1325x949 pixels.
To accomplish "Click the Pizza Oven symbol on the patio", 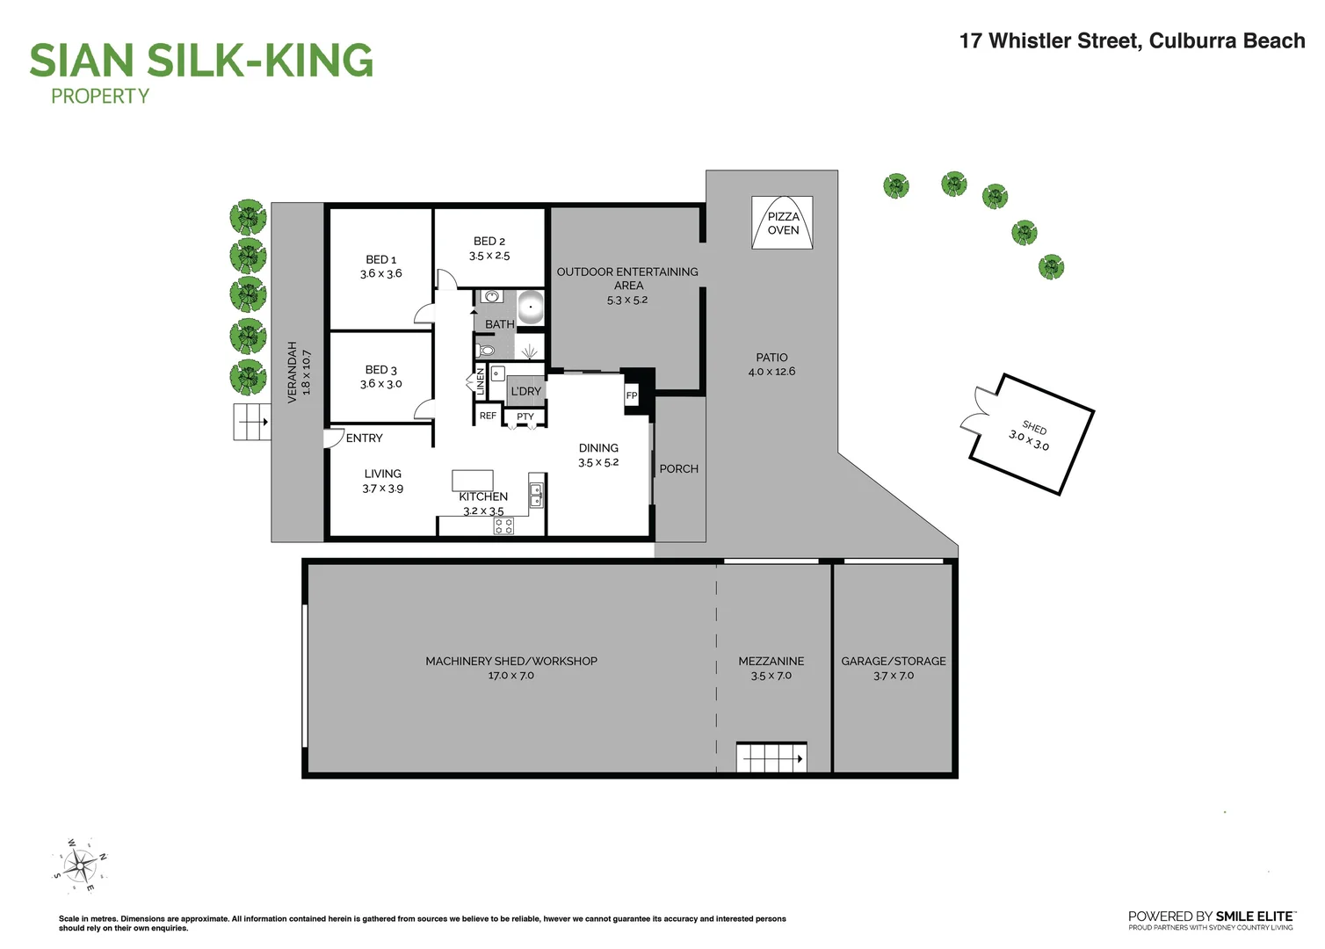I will [782, 223].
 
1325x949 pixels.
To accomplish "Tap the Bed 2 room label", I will [489, 241].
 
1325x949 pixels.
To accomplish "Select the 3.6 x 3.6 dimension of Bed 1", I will [380, 274].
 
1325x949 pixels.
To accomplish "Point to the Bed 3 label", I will [380, 370].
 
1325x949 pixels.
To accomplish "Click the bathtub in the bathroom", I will [530, 308].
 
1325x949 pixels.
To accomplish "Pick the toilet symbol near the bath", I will [486, 351].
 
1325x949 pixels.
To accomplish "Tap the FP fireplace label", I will [631, 395].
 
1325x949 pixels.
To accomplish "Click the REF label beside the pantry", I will [488, 416].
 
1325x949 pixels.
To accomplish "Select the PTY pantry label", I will [525, 417].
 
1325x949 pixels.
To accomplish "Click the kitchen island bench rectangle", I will [473, 480].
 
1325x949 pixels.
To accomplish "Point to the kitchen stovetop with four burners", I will [503, 526].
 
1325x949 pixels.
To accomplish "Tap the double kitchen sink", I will [536, 496].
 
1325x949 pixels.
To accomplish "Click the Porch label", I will [679, 469].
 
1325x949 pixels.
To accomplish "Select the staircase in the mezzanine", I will [771, 757].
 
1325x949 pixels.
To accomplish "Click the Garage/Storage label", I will [894, 661].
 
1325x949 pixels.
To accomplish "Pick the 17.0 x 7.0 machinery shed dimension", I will [510, 676].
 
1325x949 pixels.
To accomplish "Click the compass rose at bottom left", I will [80, 866].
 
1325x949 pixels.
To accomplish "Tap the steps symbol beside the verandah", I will [251, 422].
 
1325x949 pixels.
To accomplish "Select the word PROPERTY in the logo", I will [100, 97].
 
